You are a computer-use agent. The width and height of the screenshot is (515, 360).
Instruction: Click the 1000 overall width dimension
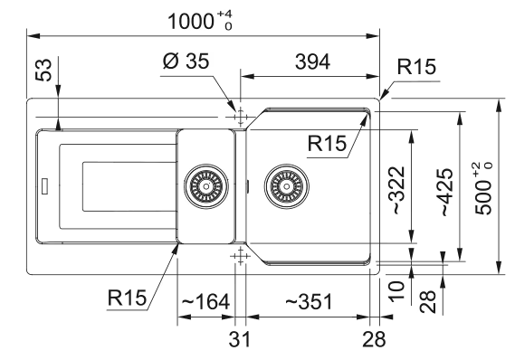(x=200, y=21)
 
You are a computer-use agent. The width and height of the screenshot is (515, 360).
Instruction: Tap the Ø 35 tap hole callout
(x=186, y=61)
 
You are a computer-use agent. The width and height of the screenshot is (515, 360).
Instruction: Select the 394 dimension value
(x=312, y=62)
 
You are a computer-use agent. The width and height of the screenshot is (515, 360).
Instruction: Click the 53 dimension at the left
(x=43, y=70)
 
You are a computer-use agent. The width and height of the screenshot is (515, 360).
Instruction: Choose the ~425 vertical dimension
(x=446, y=192)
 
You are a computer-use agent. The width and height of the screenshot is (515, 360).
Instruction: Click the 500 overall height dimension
(x=484, y=189)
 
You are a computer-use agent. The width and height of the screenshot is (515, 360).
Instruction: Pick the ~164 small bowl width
(x=205, y=301)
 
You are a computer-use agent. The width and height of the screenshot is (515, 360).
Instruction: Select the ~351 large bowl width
(x=309, y=301)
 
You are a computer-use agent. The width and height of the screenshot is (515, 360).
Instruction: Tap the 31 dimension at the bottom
(x=240, y=339)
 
